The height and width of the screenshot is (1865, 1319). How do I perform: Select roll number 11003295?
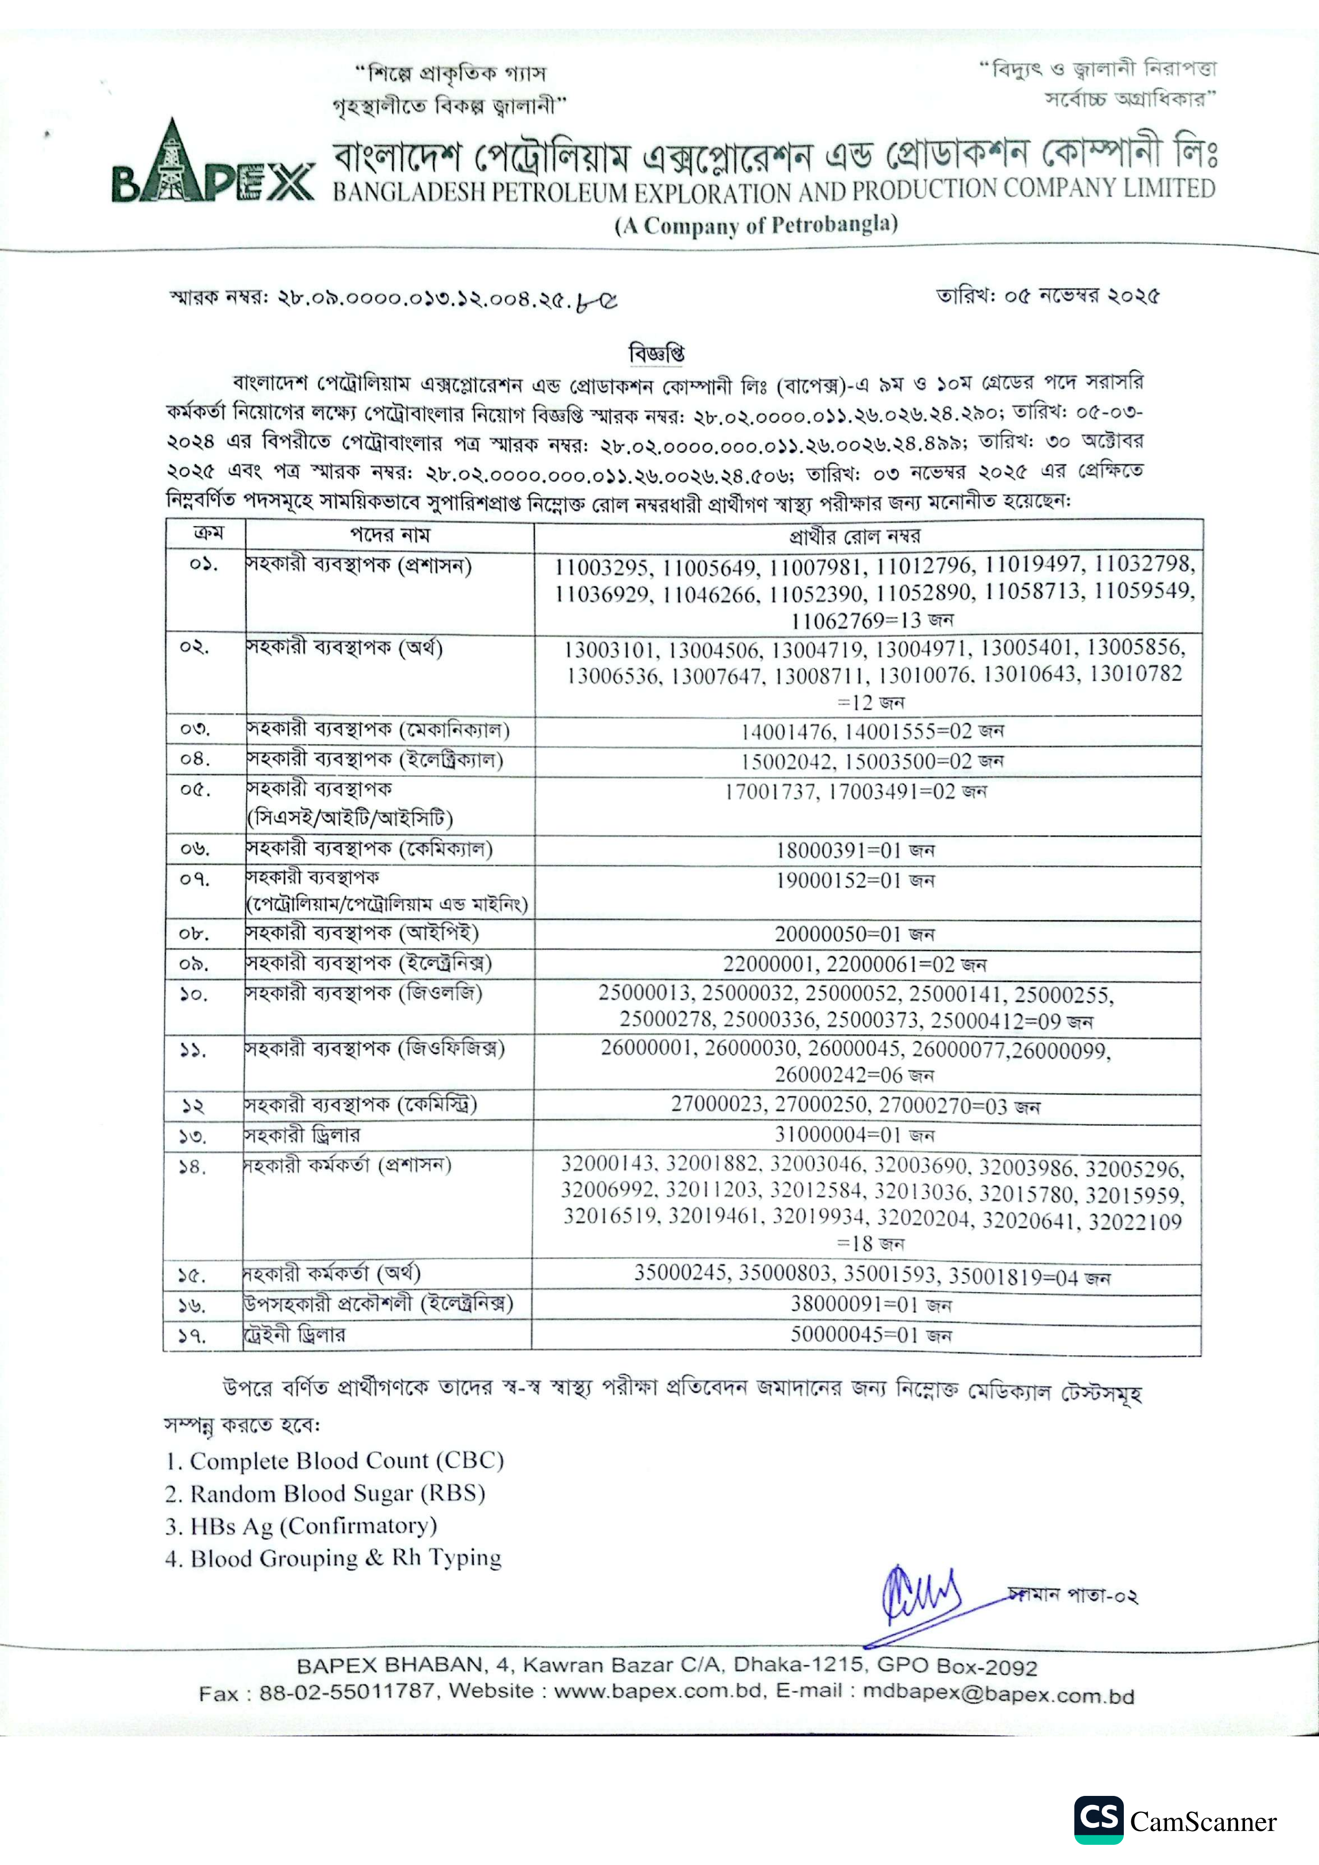coord(600,566)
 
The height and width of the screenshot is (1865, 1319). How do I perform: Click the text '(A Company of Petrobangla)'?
coord(756,225)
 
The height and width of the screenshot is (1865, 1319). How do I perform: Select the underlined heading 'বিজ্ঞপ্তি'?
coord(657,354)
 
